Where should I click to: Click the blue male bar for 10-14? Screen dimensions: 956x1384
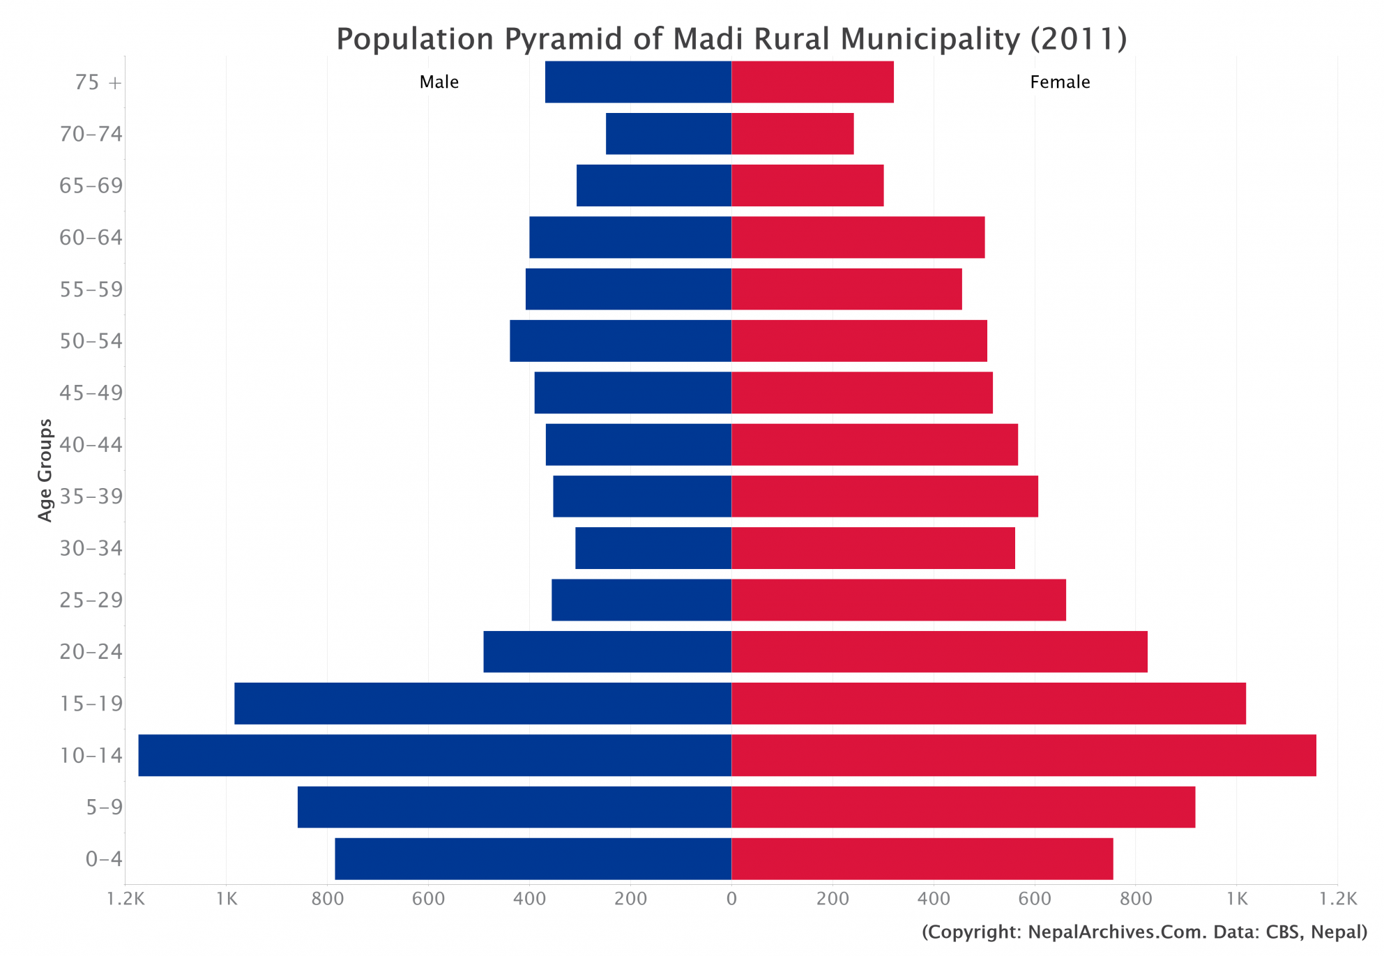click(x=434, y=755)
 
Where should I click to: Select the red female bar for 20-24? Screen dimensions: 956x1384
click(x=939, y=651)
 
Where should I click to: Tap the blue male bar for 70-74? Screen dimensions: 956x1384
click(x=668, y=134)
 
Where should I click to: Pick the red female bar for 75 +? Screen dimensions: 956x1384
click(x=812, y=82)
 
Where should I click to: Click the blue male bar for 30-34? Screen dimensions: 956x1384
click(x=653, y=548)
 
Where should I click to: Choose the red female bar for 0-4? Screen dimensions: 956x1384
click(x=922, y=858)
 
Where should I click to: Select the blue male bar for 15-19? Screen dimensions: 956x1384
click(x=482, y=703)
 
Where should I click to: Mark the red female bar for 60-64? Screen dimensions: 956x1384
click(x=858, y=237)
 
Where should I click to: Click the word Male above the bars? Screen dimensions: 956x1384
click(x=439, y=82)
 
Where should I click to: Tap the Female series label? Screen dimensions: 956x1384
click(x=1059, y=82)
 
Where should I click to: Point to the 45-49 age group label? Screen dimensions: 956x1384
click(x=91, y=393)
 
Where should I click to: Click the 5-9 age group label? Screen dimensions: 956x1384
click(x=104, y=807)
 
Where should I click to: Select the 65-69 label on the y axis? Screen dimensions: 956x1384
click(x=91, y=186)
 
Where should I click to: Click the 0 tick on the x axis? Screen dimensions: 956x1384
click(x=731, y=900)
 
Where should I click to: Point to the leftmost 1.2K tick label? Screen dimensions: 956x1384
click(x=126, y=900)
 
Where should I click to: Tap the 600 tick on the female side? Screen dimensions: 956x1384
click(x=1034, y=900)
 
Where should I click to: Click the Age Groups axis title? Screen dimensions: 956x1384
click(x=45, y=470)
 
